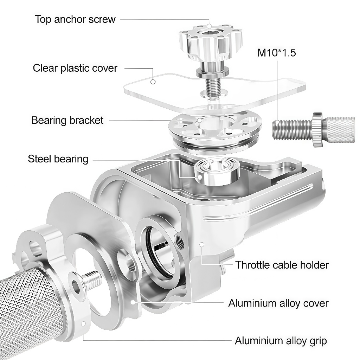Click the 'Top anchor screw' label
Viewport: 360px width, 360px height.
coord(75,19)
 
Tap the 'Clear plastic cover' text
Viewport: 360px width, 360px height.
coord(75,68)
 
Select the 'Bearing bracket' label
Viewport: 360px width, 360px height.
coord(67,120)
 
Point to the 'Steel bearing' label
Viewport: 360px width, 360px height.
coord(58,159)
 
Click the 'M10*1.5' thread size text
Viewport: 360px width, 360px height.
coord(277,53)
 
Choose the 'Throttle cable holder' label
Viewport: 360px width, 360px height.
coord(282,265)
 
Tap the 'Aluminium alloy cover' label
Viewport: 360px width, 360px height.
coord(278,303)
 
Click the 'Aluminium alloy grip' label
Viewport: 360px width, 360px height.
coord(281,341)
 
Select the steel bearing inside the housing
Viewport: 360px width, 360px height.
coord(217,171)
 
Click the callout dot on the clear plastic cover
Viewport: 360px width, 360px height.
coord(153,82)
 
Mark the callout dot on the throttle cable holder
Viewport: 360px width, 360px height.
coord(202,244)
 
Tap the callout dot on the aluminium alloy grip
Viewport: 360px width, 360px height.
coord(84,324)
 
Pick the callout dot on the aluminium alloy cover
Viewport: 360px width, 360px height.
coord(133,302)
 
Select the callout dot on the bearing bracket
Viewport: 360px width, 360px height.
coord(200,120)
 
